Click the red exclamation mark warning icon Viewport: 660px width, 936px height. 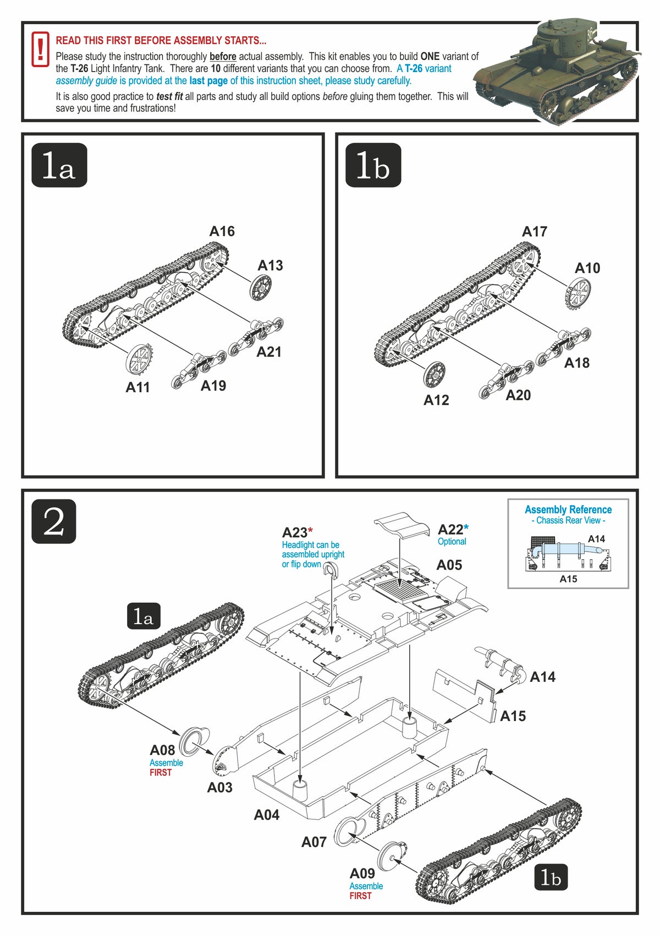(x=40, y=49)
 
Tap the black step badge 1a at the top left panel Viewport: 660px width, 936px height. (x=59, y=165)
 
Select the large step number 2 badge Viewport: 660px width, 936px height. (x=53, y=521)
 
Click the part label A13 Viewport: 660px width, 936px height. (x=270, y=266)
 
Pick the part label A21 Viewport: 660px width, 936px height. (x=269, y=352)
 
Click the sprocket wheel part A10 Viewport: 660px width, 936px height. (x=577, y=293)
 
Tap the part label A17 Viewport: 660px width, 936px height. (x=535, y=232)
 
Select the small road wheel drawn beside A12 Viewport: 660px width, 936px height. (x=435, y=374)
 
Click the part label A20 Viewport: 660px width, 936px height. (x=518, y=395)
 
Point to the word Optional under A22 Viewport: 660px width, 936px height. (x=452, y=542)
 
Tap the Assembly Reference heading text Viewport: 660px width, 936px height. (x=568, y=510)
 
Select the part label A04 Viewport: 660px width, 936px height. (x=267, y=815)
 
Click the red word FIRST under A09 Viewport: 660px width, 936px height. (x=360, y=896)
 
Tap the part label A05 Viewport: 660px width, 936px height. (x=449, y=565)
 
